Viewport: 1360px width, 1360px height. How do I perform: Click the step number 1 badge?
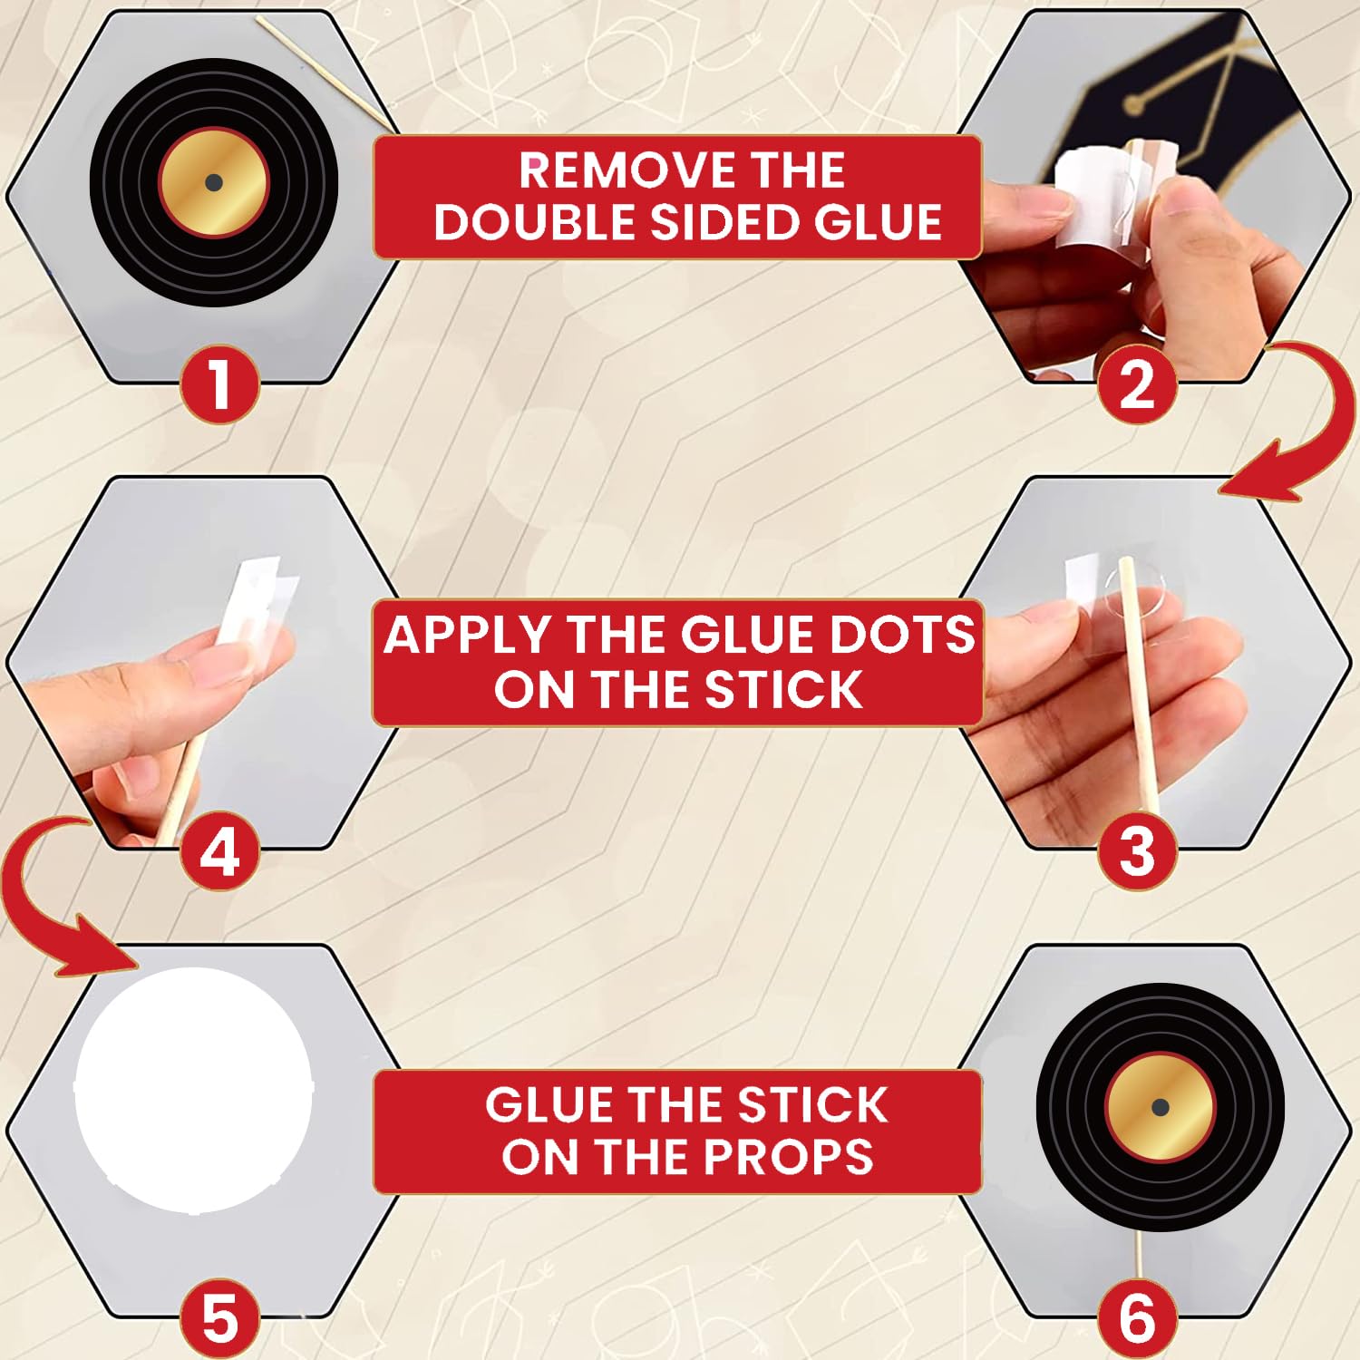(219, 384)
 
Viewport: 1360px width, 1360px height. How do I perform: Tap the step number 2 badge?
(1137, 384)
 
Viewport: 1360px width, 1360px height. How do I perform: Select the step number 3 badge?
(1137, 850)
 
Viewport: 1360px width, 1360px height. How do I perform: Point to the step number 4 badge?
(219, 850)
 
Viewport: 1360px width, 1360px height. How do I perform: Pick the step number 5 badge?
(219, 1317)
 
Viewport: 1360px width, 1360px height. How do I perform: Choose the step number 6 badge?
(1137, 1317)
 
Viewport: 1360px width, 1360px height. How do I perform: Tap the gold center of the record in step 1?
(214, 182)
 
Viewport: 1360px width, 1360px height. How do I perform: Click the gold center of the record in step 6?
(1160, 1107)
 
